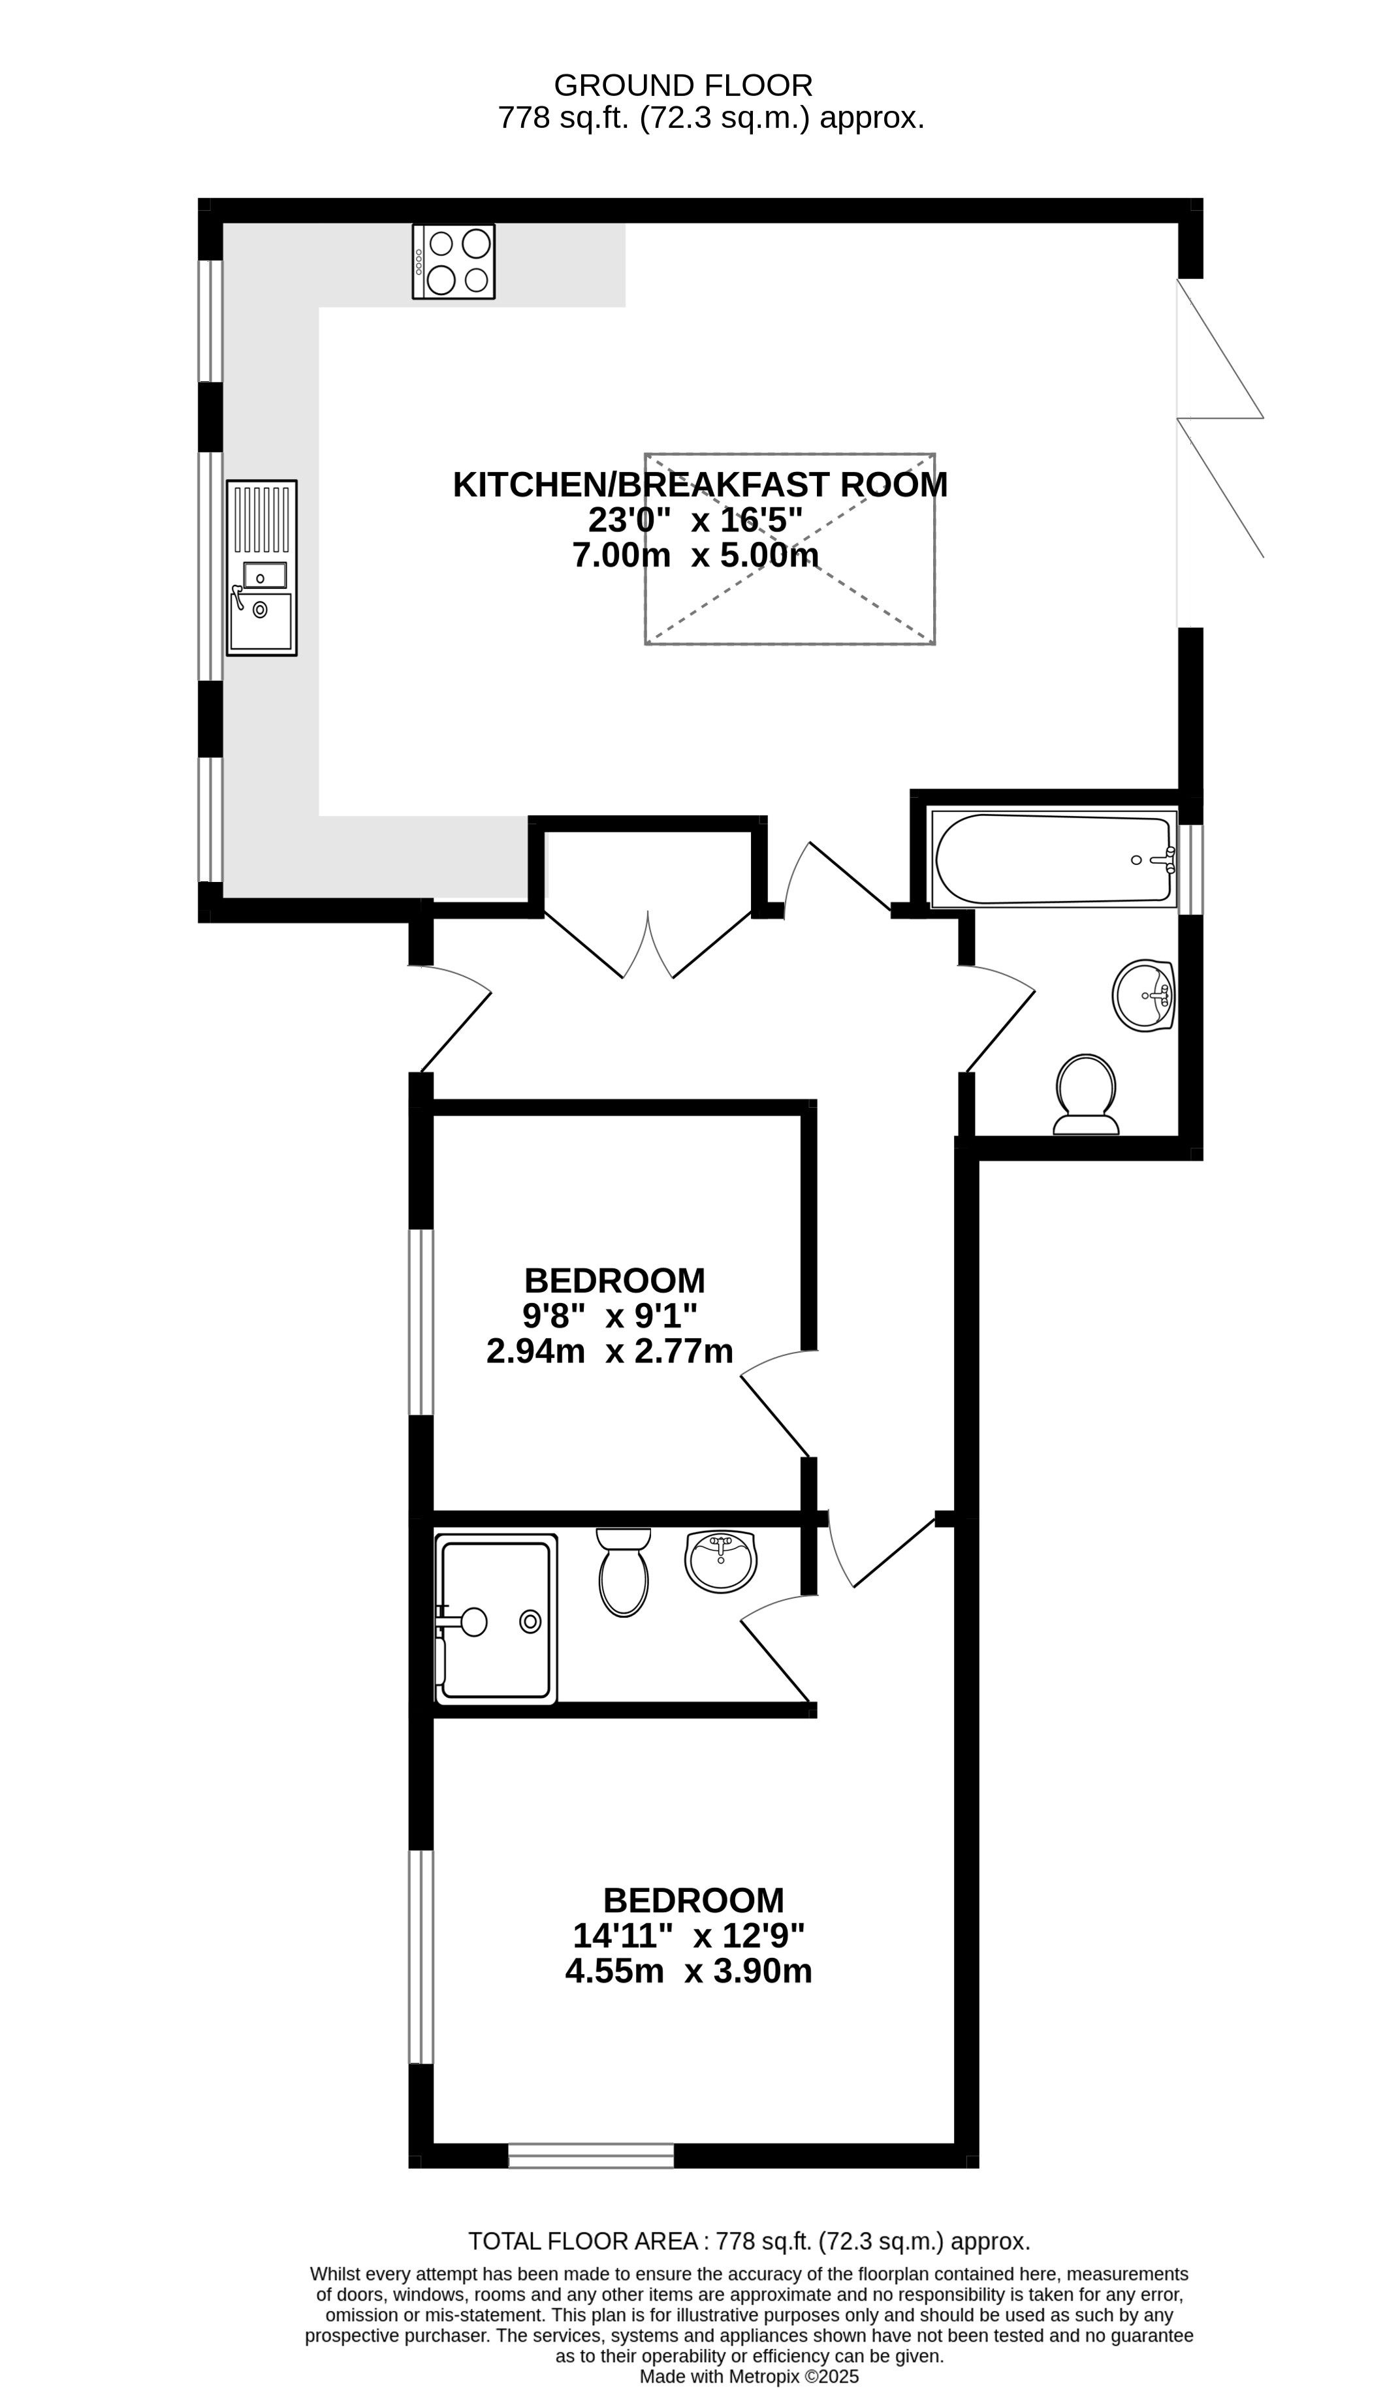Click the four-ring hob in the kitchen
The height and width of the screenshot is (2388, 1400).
click(x=453, y=262)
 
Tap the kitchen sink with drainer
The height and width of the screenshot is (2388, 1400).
click(x=262, y=568)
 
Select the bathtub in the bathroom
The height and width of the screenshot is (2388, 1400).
click(x=1052, y=858)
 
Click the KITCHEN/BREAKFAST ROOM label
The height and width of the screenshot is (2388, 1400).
click(x=699, y=485)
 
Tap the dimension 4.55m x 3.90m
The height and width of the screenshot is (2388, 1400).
click(x=688, y=1972)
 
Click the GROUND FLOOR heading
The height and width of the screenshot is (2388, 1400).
click(x=682, y=86)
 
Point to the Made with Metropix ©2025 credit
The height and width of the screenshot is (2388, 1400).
click(x=749, y=2377)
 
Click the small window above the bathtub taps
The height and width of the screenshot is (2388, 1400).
click(x=1190, y=869)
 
